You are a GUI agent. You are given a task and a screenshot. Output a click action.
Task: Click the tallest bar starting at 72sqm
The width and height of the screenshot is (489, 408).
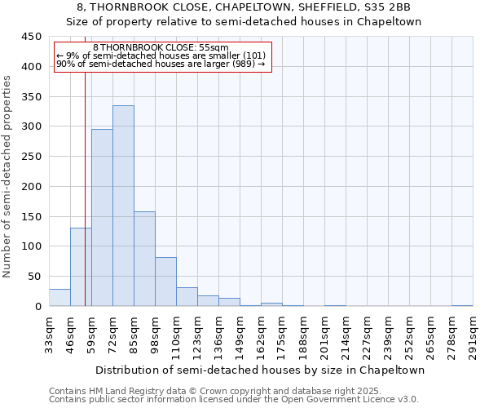(123, 206)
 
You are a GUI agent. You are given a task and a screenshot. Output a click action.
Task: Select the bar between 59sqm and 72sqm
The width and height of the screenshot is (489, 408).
(102, 217)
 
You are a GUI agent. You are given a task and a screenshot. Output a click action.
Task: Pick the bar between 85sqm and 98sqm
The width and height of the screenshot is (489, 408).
(144, 259)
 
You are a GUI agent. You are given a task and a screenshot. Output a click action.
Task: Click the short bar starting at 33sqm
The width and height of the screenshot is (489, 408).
(59, 298)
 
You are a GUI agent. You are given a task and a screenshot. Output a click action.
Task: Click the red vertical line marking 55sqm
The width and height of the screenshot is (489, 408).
(85, 204)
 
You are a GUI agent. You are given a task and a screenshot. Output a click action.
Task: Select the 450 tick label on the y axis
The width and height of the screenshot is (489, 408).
(32, 37)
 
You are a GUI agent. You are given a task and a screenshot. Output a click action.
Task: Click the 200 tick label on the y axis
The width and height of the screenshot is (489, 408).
(32, 187)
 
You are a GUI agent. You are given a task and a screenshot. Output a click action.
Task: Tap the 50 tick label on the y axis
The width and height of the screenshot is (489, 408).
(35, 277)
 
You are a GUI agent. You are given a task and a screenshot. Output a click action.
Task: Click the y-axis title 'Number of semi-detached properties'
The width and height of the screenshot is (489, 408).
(8, 176)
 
